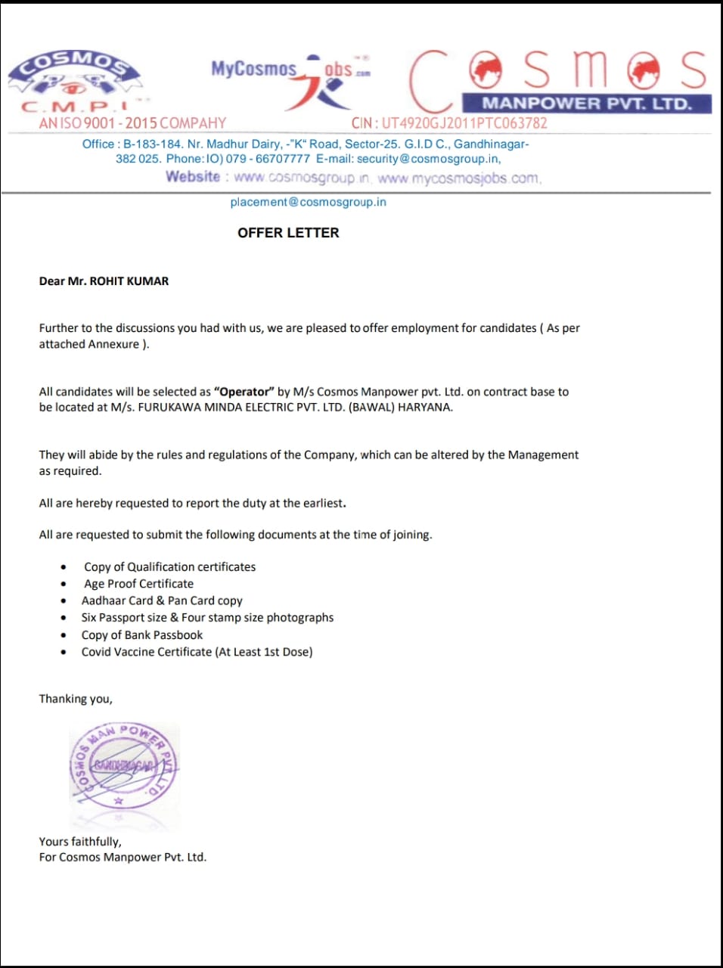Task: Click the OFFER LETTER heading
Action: tap(288, 233)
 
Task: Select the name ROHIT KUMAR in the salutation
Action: tap(129, 281)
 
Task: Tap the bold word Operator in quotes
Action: tap(244, 392)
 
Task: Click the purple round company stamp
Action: tap(124, 765)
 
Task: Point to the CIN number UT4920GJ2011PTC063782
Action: tap(464, 123)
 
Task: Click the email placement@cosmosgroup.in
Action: tap(308, 202)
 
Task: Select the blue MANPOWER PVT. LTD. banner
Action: tap(587, 104)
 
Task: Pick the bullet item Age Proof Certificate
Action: tap(138, 584)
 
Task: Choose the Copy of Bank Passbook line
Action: tap(142, 635)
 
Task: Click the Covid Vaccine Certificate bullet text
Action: tap(197, 652)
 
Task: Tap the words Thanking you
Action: tap(76, 699)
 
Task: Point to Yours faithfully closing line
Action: tap(80, 842)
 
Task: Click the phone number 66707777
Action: tap(283, 159)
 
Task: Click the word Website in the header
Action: tap(193, 177)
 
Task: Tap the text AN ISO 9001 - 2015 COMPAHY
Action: tap(132, 123)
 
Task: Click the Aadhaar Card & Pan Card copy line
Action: tap(162, 600)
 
